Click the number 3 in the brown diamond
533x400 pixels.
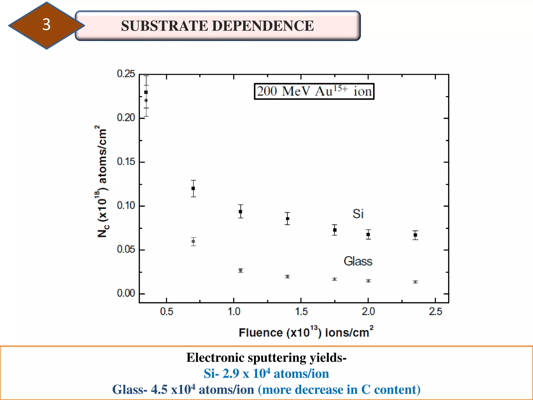[46, 25]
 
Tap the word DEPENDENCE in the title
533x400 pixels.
[263, 26]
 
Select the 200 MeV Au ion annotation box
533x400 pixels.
[314, 91]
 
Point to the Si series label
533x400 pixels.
[358, 214]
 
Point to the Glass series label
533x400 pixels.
[358, 261]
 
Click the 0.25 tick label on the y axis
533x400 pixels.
[126, 74]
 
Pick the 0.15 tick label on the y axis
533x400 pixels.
[126, 162]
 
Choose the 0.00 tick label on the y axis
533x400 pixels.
[126, 293]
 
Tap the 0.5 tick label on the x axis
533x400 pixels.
[167, 311]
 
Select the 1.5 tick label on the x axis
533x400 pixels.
[301, 311]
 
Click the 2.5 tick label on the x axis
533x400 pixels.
[435, 311]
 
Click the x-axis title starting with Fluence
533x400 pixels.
[306, 332]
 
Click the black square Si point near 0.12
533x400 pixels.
[193, 188]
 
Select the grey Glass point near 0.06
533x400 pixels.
[193, 241]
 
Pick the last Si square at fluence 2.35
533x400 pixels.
[415, 235]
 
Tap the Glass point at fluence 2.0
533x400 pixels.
[368, 281]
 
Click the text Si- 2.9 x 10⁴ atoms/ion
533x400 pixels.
[266, 373]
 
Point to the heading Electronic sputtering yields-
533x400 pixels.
[266, 358]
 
